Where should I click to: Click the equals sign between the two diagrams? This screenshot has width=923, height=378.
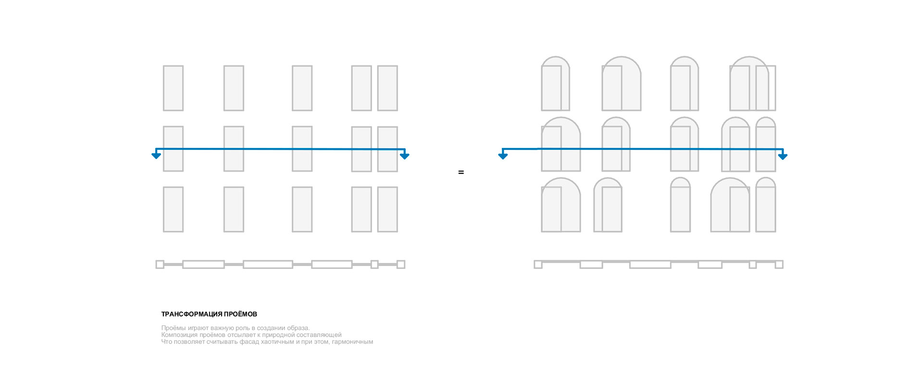point(461,172)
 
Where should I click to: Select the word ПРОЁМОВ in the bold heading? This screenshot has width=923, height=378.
point(240,314)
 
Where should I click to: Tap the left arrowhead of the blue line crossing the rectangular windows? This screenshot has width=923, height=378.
point(156,155)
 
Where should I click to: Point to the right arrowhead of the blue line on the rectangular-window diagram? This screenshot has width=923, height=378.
point(404,155)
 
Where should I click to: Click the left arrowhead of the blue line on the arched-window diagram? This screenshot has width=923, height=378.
point(503,155)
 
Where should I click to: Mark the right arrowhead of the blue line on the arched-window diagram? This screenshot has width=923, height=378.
point(783,156)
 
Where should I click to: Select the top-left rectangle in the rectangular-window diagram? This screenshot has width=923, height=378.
point(173,88)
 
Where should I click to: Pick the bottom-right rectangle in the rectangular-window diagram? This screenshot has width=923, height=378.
point(387,209)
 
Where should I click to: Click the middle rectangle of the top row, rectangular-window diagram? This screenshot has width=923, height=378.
point(302,88)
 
